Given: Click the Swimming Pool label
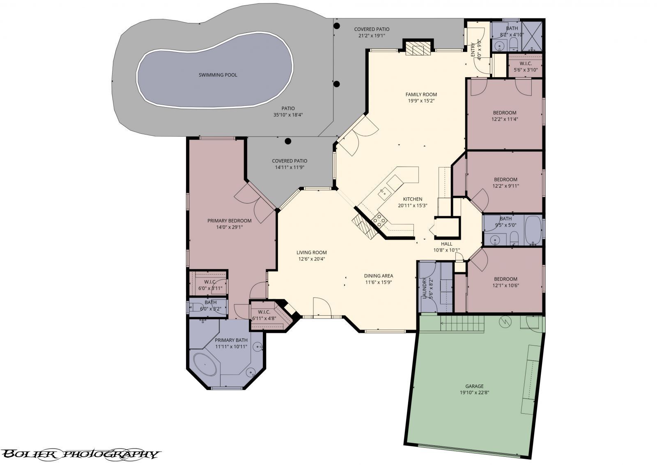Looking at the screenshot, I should [x=218, y=75].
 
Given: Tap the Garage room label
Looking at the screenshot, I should [x=474, y=386].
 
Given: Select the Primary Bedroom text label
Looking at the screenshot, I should [x=229, y=221].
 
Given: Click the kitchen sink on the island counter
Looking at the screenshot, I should [x=385, y=191].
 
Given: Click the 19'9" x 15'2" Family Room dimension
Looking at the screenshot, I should [x=421, y=101].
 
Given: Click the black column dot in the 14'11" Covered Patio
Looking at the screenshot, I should [x=288, y=141].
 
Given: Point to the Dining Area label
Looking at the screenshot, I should [x=379, y=276].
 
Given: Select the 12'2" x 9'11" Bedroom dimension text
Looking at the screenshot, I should [x=505, y=186].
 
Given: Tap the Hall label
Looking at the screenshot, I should [x=446, y=244].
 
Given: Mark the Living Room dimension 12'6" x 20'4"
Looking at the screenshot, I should [x=312, y=259].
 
